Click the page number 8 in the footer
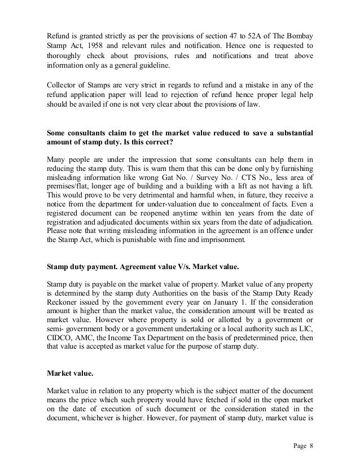click(311, 445)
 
